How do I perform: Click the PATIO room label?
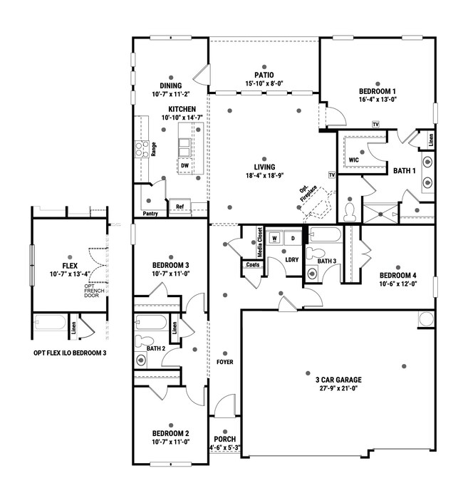pyautogui.click(x=264, y=74)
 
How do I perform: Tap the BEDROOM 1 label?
pyautogui.click(x=377, y=91)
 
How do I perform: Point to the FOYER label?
pyautogui.click(x=225, y=362)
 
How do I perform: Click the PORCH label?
pyautogui.click(x=224, y=439)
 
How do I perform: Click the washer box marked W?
pyautogui.click(x=274, y=239)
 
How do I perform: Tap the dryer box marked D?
pyautogui.click(x=292, y=239)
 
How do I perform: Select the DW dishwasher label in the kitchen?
pyautogui.click(x=184, y=165)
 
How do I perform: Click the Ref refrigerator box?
pyautogui.click(x=180, y=208)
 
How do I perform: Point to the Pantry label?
pyautogui.click(x=150, y=213)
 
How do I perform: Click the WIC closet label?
pyautogui.click(x=353, y=160)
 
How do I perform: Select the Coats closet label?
pyautogui.click(x=253, y=265)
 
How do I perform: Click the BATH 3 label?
pyautogui.click(x=326, y=261)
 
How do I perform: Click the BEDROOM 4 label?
pyautogui.click(x=397, y=276)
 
